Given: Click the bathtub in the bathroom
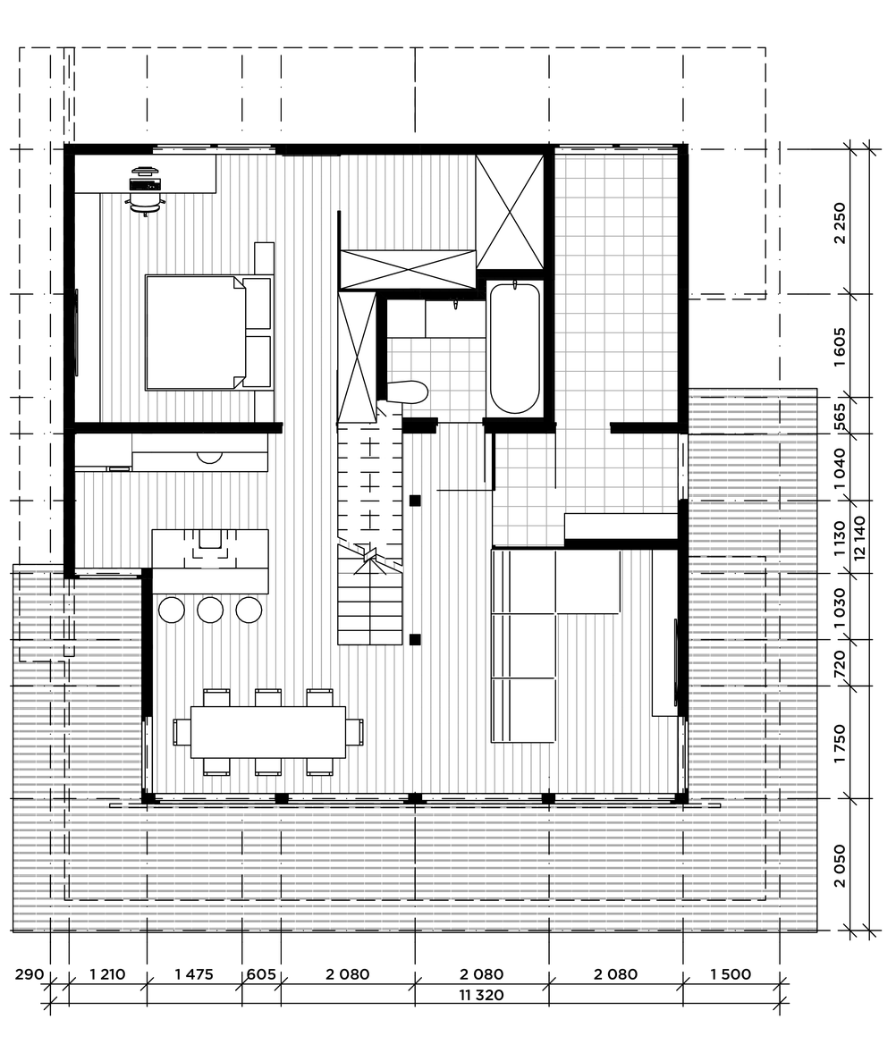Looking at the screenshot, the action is click(514, 349).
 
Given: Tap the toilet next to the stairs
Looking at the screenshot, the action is click(408, 392).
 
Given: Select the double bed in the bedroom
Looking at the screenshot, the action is click(208, 333).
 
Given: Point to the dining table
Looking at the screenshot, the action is click(268, 731).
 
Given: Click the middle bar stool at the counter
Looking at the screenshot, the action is click(210, 610).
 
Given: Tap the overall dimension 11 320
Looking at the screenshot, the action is click(481, 995).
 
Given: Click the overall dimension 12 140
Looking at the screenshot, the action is click(859, 538).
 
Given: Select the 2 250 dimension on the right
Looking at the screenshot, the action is click(840, 223).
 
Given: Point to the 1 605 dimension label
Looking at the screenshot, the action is click(840, 347).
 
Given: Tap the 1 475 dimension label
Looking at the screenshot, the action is click(193, 973).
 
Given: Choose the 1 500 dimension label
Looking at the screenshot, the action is click(731, 973).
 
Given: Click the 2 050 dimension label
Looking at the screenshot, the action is click(840, 865).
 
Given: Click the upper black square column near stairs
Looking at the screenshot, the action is click(415, 501).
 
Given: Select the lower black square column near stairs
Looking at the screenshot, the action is click(415, 639).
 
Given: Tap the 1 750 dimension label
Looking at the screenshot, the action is click(840, 743).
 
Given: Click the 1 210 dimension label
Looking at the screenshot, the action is click(107, 973).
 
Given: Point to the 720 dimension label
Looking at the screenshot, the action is click(840, 663).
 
